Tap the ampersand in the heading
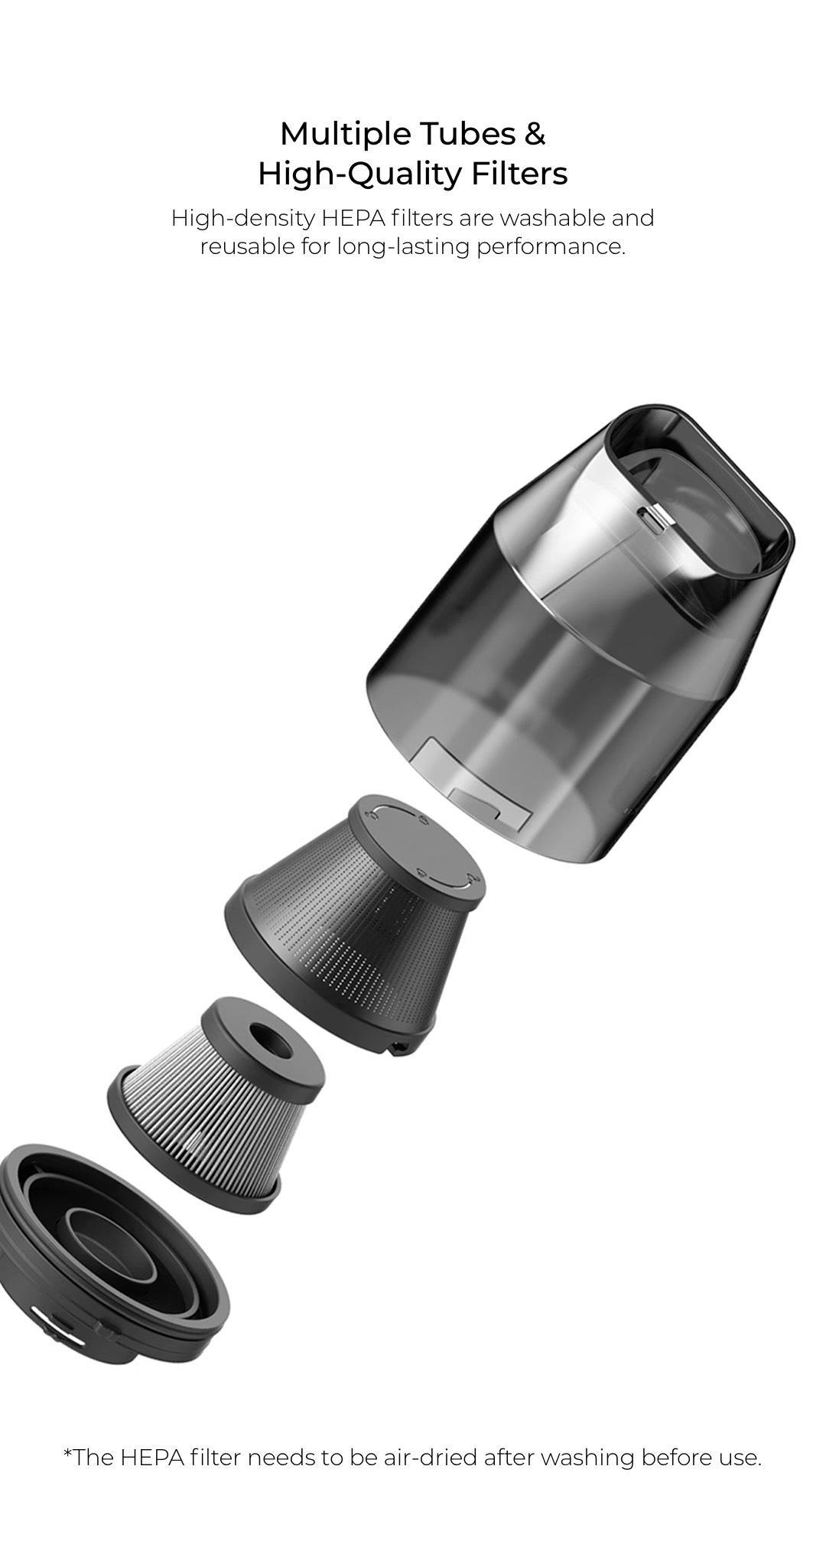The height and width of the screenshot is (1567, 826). tap(535, 134)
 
